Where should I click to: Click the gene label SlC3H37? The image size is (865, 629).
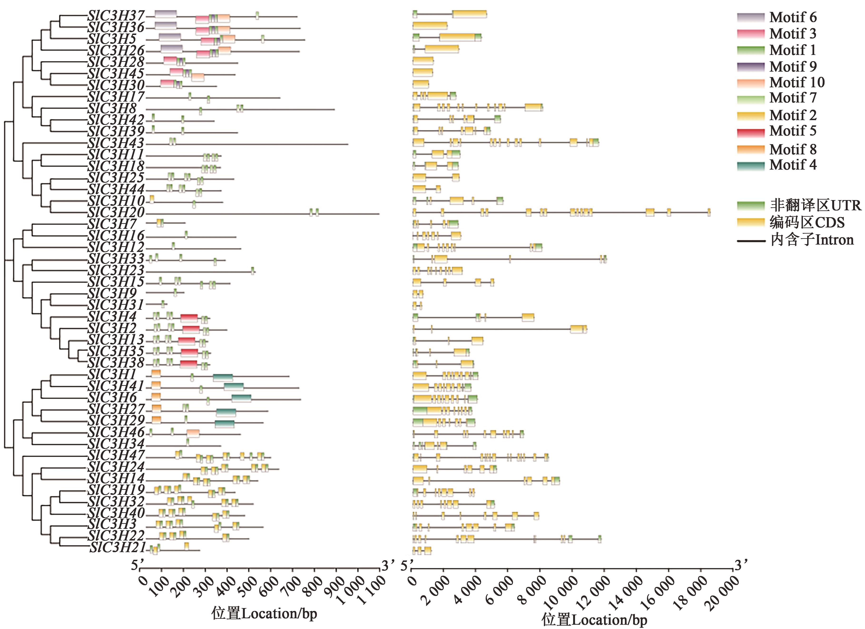click(x=116, y=16)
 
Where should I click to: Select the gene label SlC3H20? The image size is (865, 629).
click(x=116, y=212)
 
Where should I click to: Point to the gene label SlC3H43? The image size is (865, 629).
click(x=116, y=143)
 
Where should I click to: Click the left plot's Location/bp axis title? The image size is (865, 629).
click(x=264, y=613)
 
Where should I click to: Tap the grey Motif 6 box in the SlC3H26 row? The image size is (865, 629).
click(x=171, y=49)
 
